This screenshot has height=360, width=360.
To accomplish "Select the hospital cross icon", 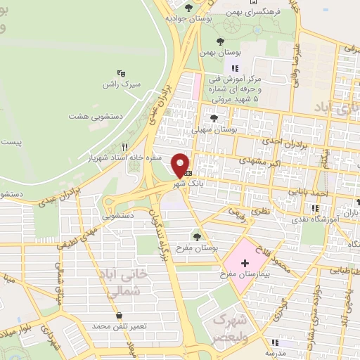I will click(245, 262).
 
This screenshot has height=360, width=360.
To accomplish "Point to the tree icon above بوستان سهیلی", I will click(214, 118).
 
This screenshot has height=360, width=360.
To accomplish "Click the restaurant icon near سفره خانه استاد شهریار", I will click(124, 147).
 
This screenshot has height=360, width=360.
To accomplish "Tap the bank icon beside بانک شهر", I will click(188, 172).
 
